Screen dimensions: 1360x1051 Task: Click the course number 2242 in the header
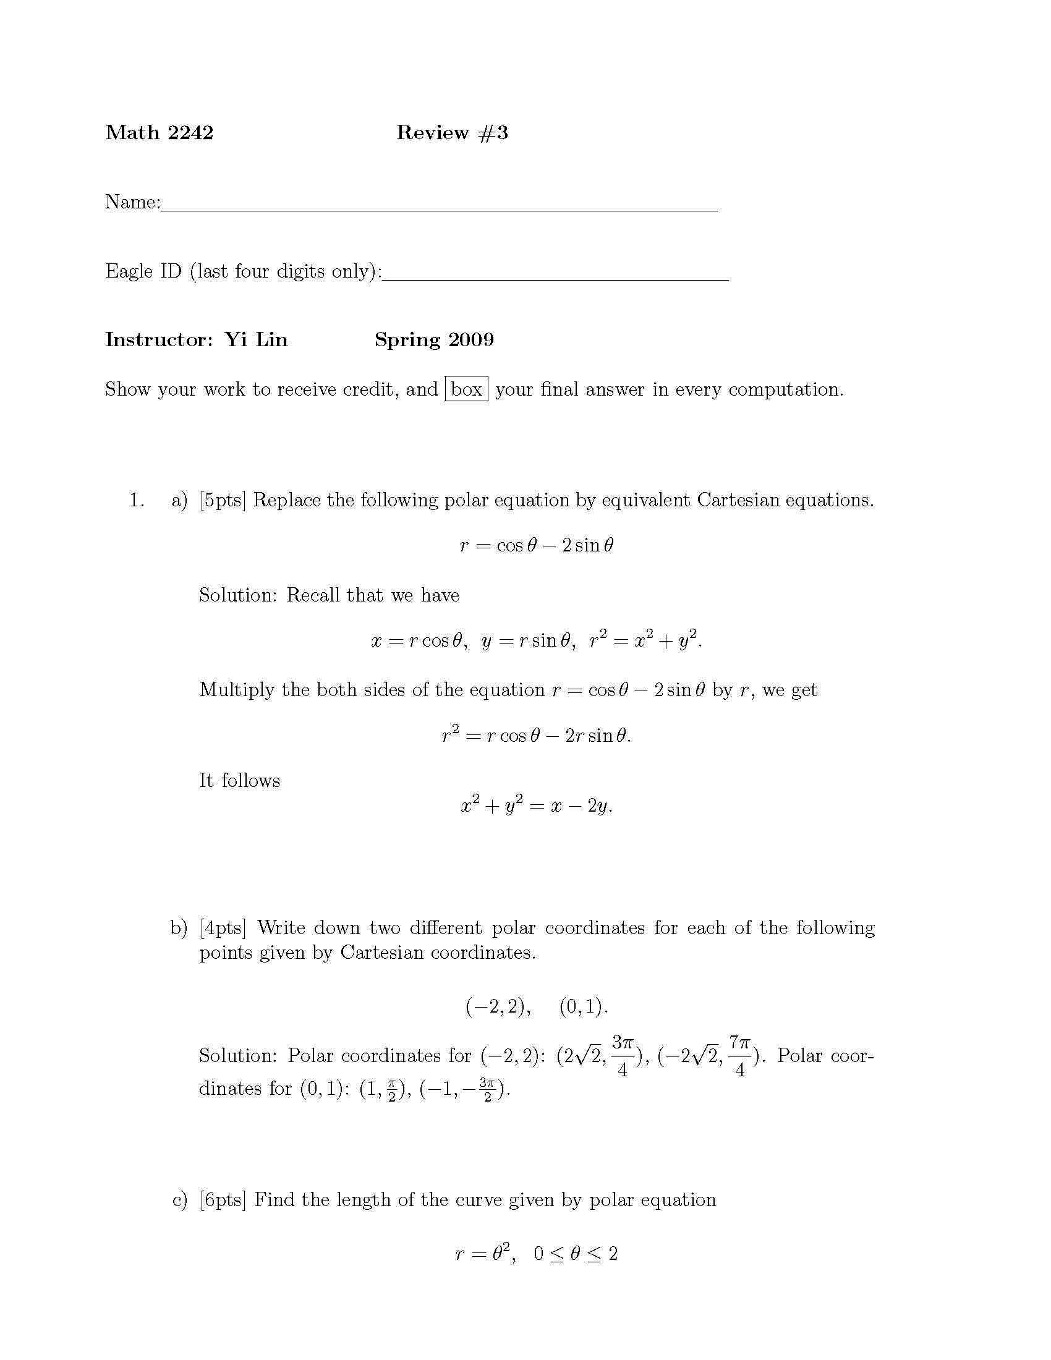point(190,133)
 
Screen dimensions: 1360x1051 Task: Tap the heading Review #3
point(452,133)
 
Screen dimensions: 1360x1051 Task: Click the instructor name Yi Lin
point(256,339)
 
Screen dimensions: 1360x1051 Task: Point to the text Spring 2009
point(434,339)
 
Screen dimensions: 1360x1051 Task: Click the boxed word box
point(466,389)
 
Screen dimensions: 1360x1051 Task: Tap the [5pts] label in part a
point(223,500)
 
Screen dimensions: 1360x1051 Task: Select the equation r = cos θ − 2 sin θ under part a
point(536,545)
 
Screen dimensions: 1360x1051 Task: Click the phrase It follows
point(240,780)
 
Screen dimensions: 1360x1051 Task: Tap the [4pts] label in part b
point(223,928)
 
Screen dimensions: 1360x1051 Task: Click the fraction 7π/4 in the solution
point(739,1055)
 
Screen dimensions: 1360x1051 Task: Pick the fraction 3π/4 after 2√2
point(622,1055)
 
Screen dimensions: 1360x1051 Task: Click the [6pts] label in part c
point(223,1200)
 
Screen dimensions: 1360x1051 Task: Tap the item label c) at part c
point(179,1200)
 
